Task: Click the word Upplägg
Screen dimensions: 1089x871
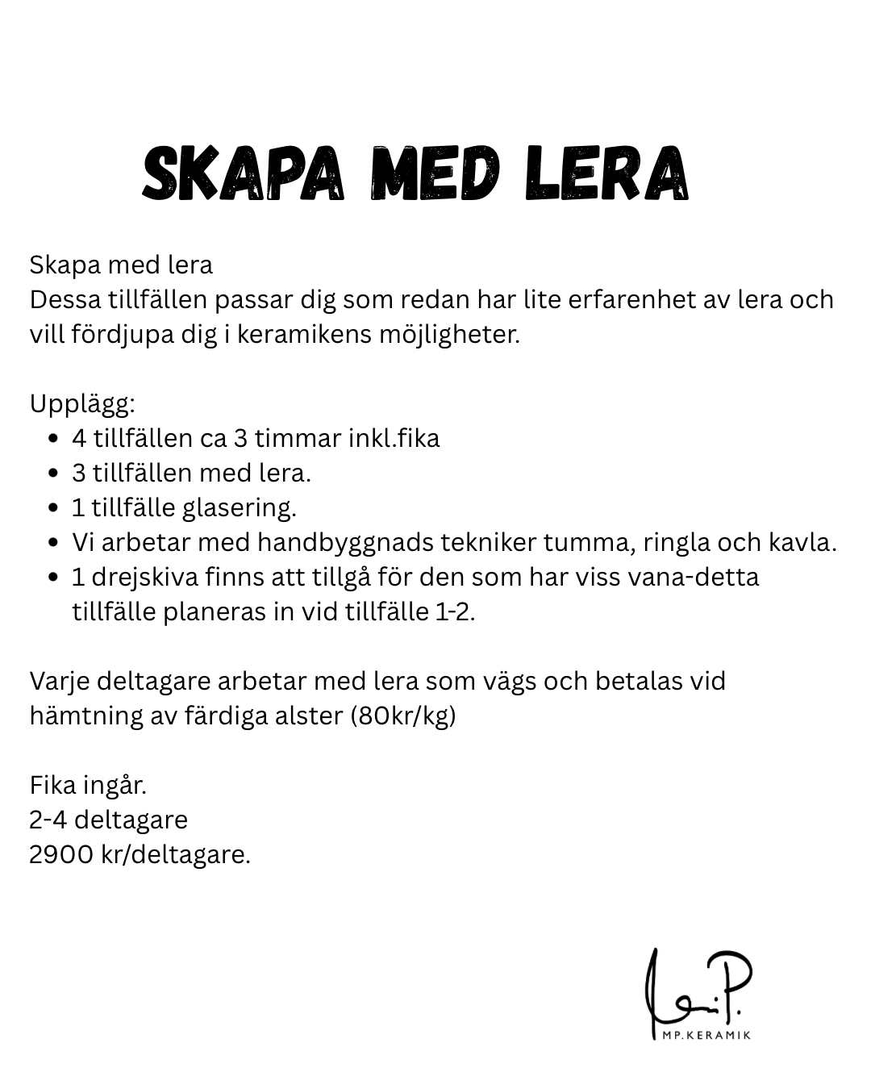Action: (x=82, y=404)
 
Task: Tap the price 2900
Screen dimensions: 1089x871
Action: (x=61, y=854)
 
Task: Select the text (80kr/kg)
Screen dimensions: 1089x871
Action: (x=403, y=716)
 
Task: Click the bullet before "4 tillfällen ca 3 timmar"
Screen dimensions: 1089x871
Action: (x=53, y=439)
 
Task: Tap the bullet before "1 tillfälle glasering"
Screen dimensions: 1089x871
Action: (x=53, y=508)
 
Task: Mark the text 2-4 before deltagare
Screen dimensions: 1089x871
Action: (x=48, y=820)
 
